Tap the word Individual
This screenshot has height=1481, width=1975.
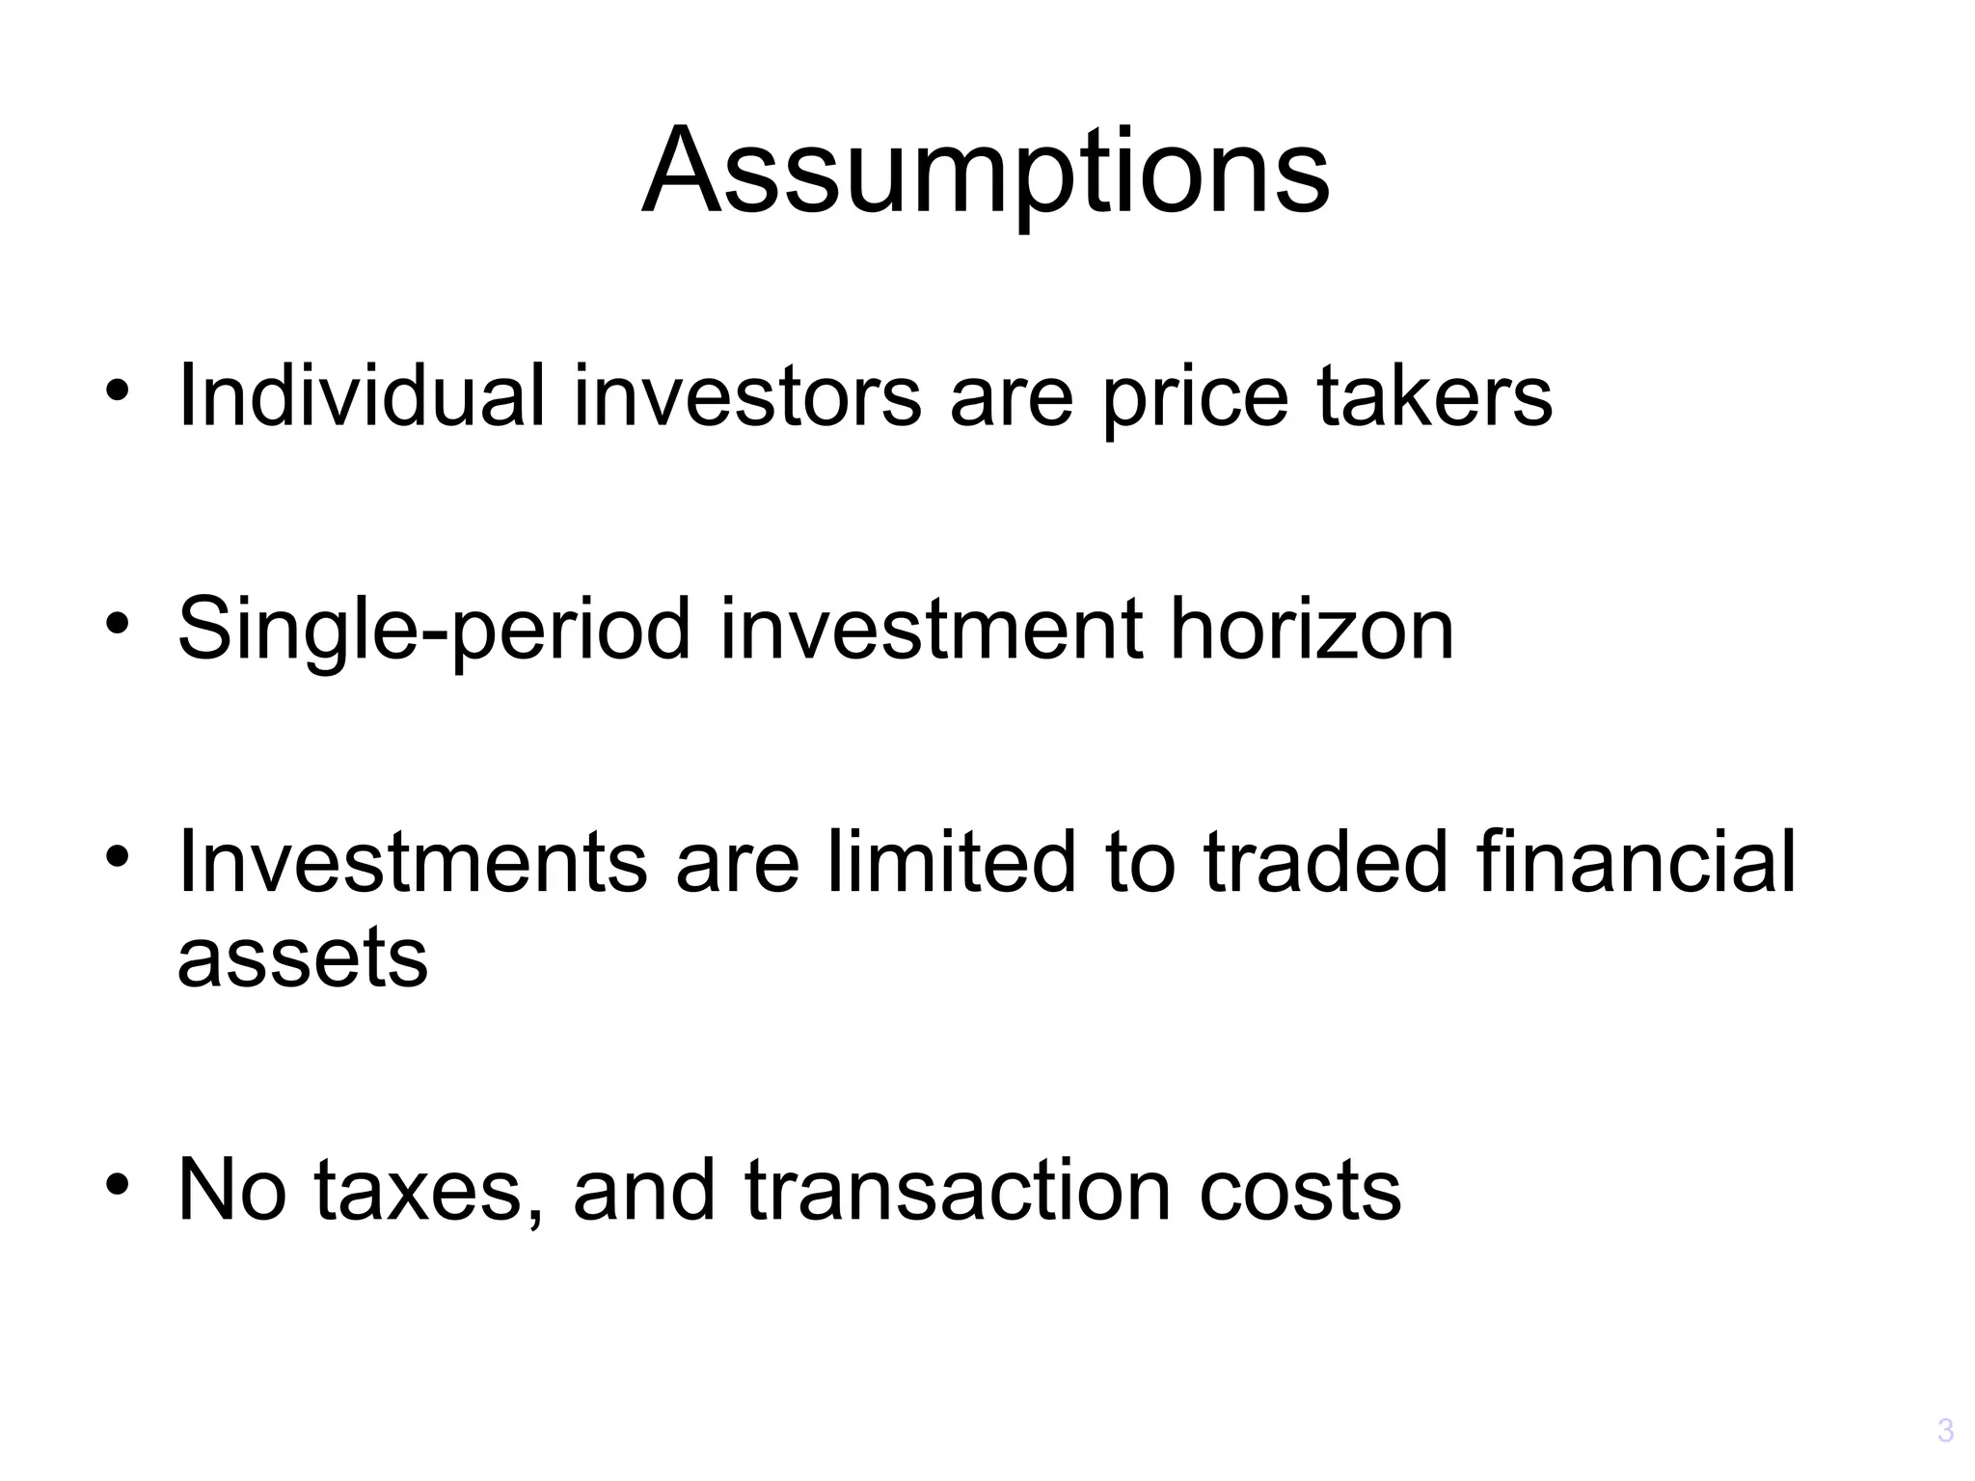coord(362,395)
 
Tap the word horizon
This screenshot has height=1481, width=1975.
coord(1312,629)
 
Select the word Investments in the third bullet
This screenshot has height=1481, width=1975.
coord(413,861)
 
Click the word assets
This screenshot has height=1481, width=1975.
coord(303,961)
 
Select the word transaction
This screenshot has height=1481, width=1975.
coord(959,1191)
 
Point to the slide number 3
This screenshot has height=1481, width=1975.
coord(1945,1430)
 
